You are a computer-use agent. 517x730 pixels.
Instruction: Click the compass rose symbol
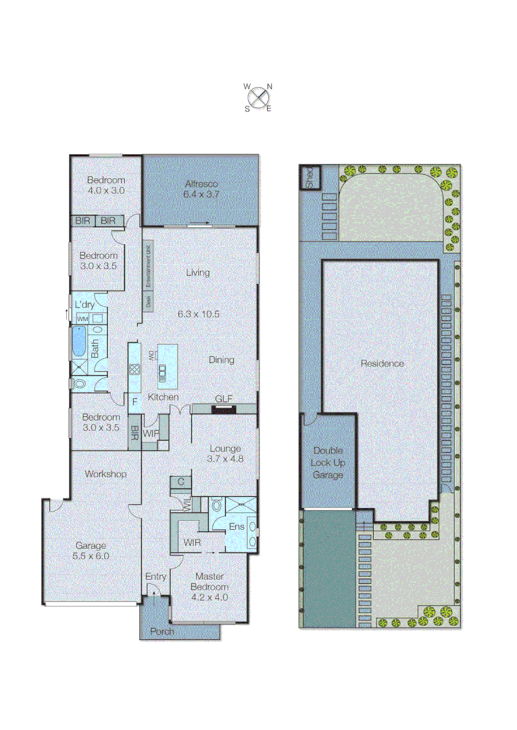click(x=258, y=97)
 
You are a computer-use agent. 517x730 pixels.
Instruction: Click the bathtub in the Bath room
click(x=79, y=342)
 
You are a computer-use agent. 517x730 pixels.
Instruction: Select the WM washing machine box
click(x=82, y=318)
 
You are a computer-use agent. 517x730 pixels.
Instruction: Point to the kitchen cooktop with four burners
click(x=134, y=369)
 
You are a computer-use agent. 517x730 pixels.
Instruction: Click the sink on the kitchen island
click(x=162, y=369)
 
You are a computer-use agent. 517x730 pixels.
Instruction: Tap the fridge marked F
click(x=134, y=401)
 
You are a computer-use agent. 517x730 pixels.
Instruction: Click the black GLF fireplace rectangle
click(x=224, y=408)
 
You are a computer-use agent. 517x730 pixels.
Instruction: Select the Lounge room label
click(x=225, y=448)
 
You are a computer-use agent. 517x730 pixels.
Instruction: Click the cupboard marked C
click(x=181, y=482)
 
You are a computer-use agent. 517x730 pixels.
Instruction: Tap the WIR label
click(x=191, y=542)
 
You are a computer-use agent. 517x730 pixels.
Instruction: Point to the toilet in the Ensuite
click(x=216, y=505)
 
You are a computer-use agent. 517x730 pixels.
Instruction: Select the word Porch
click(x=162, y=631)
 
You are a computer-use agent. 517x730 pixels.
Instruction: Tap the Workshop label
click(x=105, y=474)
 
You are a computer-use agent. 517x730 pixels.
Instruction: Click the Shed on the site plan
click(x=310, y=177)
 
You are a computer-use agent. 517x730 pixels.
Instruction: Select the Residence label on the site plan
click(x=382, y=363)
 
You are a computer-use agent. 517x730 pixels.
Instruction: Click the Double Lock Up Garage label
click(x=328, y=462)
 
